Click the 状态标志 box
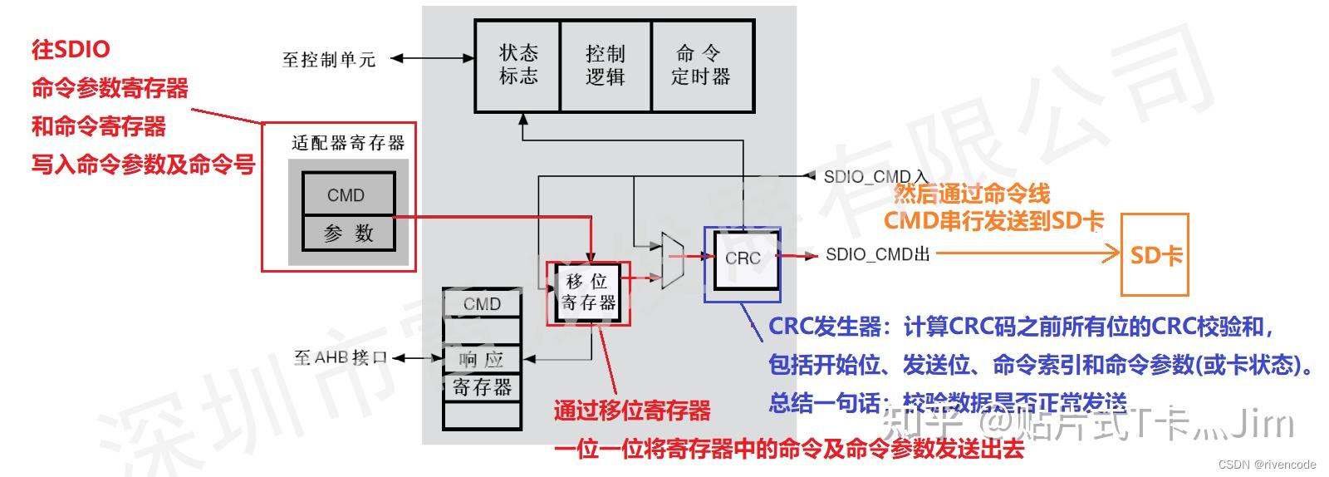(x=517, y=66)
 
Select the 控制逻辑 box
(x=605, y=66)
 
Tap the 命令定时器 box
(x=701, y=66)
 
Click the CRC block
(x=742, y=258)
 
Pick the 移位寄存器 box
(x=589, y=293)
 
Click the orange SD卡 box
(x=1155, y=255)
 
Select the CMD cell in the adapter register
(x=346, y=195)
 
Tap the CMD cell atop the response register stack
(x=482, y=304)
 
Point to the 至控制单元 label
(x=329, y=60)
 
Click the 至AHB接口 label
(x=341, y=357)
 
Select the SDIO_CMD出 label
(x=877, y=254)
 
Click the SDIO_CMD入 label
(x=875, y=177)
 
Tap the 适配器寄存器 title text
(x=347, y=143)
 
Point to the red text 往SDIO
(x=71, y=49)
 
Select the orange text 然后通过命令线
(x=971, y=194)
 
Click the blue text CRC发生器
(x=824, y=327)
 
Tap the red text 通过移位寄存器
(x=632, y=411)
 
